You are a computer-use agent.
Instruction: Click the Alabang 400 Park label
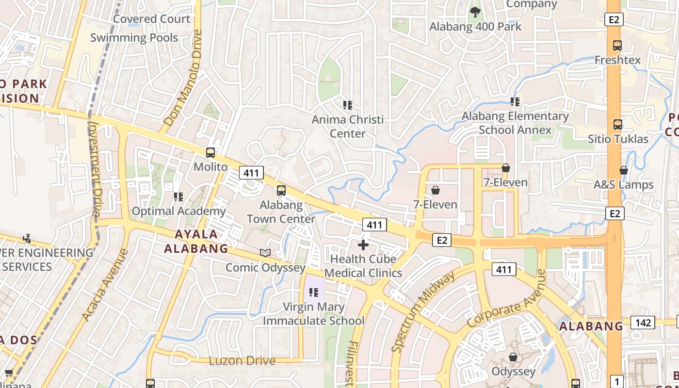point(475,26)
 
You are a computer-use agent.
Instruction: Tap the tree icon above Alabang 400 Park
point(475,12)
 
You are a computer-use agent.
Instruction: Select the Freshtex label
point(617,60)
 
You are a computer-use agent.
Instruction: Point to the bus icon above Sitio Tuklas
point(617,125)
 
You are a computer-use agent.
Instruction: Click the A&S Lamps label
point(623,185)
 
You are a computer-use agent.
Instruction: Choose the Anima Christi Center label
point(347,126)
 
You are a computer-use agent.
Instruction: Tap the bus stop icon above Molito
point(210,153)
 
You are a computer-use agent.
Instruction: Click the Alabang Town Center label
point(281,212)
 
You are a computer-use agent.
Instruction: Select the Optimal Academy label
point(178,211)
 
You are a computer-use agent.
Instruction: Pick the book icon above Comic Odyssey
point(265,253)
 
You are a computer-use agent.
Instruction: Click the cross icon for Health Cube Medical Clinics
point(363,245)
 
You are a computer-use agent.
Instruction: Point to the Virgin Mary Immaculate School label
point(313,314)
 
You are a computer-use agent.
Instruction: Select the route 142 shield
point(643,323)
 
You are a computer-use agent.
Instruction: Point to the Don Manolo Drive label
point(183,79)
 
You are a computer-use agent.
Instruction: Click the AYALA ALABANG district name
point(196,241)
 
